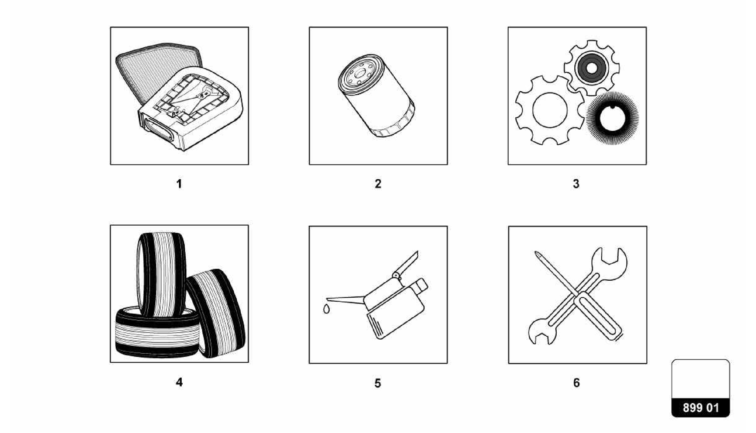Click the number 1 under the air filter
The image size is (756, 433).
179,184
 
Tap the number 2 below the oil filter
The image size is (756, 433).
378,184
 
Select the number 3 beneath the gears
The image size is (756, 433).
576,184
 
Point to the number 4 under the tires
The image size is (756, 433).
179,382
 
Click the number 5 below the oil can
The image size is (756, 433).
378,383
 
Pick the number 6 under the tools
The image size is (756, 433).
576,383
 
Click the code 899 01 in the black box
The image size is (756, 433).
700,408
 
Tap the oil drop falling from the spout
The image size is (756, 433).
326,309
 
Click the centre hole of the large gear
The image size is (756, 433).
550,110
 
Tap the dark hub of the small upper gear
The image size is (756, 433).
591,68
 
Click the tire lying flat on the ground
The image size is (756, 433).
157,334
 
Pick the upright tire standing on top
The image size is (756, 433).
162,275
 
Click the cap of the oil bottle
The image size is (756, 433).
420,286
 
